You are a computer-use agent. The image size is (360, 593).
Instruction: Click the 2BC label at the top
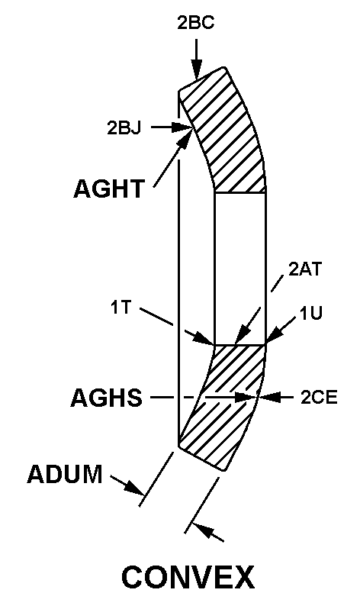pyautogui.click(x=196, y=23)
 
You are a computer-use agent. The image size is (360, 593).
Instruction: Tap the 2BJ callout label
pyautogui.click(x=124, y=127)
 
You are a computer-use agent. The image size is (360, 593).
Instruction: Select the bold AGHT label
pyautogui.click(x=109, y=189)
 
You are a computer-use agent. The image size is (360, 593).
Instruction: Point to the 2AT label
pyautogui.click(x=305, y=269)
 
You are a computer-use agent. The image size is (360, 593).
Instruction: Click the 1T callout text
pyautogui.click(x=121, y=307)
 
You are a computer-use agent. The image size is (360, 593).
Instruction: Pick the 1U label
pyautogui.click(x=311, y=313)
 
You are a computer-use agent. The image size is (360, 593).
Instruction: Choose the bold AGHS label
pyautogui.click(x=107, y=398)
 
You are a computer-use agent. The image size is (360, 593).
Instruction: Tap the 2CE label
pyautogui.click(x=319, y=398)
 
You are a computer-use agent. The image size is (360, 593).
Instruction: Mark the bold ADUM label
pyautogui.click(x=65, y=474)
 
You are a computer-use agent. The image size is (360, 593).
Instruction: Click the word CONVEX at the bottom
pyautogui.click(x=188, y=577)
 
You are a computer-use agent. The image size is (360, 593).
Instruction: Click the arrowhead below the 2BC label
pyautogui.click(x=196, y=71)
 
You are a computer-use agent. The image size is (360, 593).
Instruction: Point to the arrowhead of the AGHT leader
pyautogui.click(x=185, y=138)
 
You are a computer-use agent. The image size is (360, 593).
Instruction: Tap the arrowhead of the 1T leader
pyautogui.click(x=203, y=339)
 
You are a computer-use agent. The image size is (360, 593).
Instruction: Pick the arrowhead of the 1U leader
pyautogui.click(x=274, y=337)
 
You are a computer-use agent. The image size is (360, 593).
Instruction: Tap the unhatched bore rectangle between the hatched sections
pyautogui.click(x=240, y=269)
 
